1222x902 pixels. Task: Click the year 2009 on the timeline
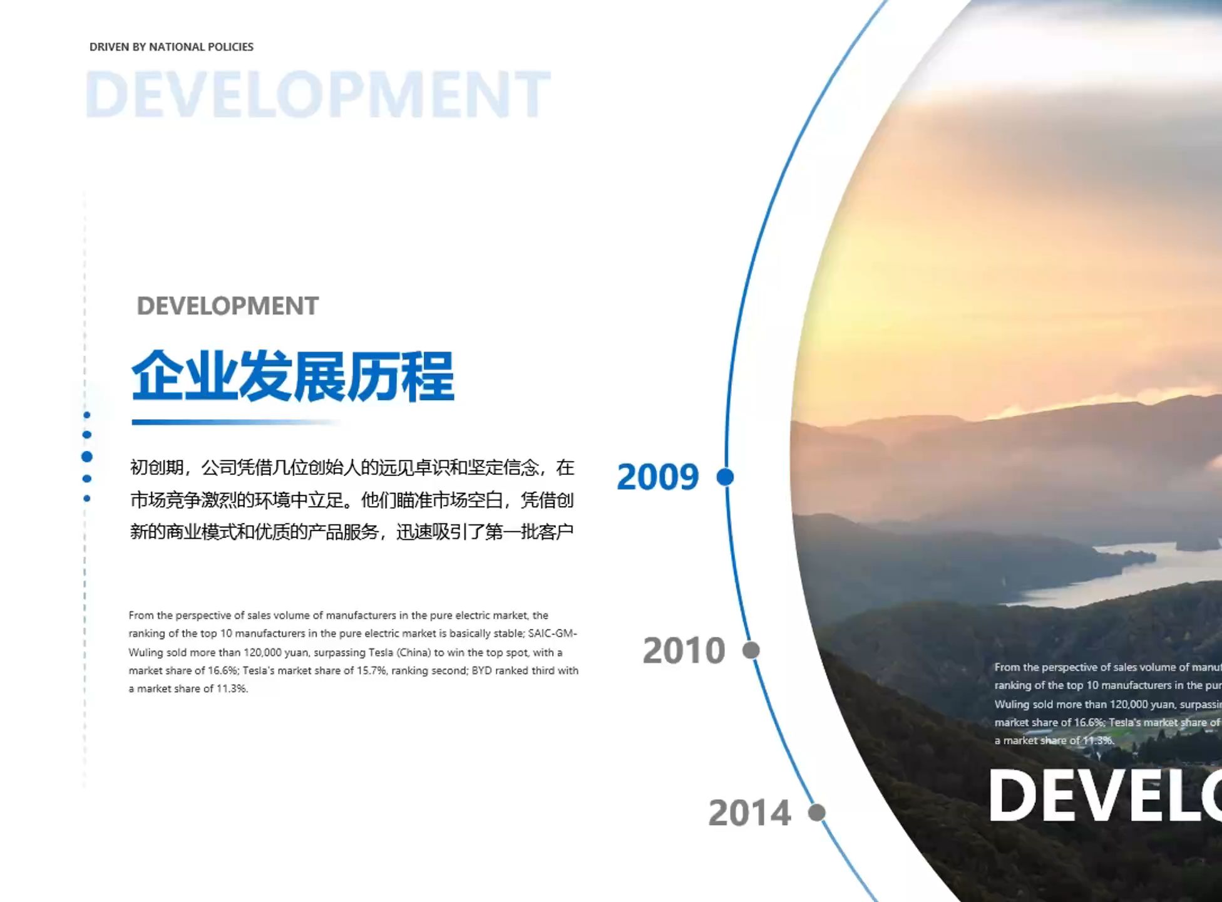657,477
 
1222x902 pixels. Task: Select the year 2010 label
684,650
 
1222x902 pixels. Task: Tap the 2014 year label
749,813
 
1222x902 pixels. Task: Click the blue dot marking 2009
725,477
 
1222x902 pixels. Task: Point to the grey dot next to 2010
751,650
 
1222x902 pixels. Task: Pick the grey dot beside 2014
816,812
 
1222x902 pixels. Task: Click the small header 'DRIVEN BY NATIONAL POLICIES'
171,47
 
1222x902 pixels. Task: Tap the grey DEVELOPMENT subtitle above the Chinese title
227,306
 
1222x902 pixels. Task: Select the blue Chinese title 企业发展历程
292,376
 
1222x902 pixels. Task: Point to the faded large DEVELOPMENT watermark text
317,95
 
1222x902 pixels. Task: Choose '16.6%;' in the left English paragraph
223,670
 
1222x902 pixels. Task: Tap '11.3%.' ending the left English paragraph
232,688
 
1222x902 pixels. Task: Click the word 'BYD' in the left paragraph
481,670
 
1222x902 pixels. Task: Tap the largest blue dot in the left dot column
87,457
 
